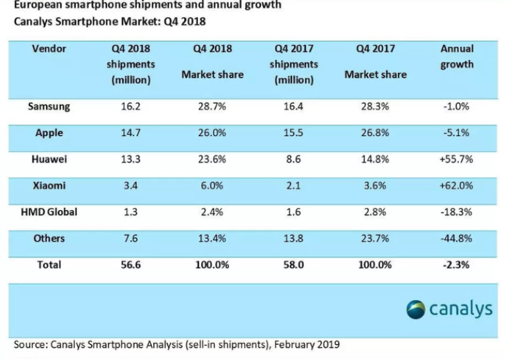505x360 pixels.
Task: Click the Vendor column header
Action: point(49,49)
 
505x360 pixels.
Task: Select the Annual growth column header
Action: point(457,57)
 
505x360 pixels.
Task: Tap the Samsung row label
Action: point(49,106)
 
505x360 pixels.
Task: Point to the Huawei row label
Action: point(49,159)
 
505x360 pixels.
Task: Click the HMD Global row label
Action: point(49,212)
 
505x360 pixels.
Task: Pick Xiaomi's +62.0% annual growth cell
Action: point(457,186)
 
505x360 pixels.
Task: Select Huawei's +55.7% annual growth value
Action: point(457,159)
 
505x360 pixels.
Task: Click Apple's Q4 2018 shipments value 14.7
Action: point(130,133)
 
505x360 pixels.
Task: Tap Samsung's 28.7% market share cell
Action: point(212,106)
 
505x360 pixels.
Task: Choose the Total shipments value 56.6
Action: point(130,265)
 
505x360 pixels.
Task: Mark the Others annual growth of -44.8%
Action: point(457,238)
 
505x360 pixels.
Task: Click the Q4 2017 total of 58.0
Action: point(293,265)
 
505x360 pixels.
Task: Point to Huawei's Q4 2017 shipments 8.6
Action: point(293,159)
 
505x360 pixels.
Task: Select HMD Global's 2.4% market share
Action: point(212,212)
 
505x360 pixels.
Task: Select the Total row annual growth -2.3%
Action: point(457,265)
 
